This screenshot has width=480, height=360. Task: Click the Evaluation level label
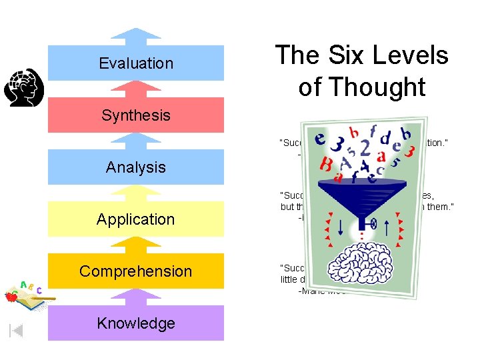tap(136, 63)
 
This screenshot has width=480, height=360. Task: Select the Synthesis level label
tap(136, 115)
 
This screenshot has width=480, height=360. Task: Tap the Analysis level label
tap(136, 167)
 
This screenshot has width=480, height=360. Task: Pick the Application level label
tap(136, 219)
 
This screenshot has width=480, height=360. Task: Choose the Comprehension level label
tap(136, 271)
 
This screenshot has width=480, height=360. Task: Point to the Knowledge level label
tap(136, 323)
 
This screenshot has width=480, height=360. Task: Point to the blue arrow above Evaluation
tap(136, 35)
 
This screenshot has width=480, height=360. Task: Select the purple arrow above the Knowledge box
tap(136, 296)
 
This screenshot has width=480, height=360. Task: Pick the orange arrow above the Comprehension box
tap(136, 244)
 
